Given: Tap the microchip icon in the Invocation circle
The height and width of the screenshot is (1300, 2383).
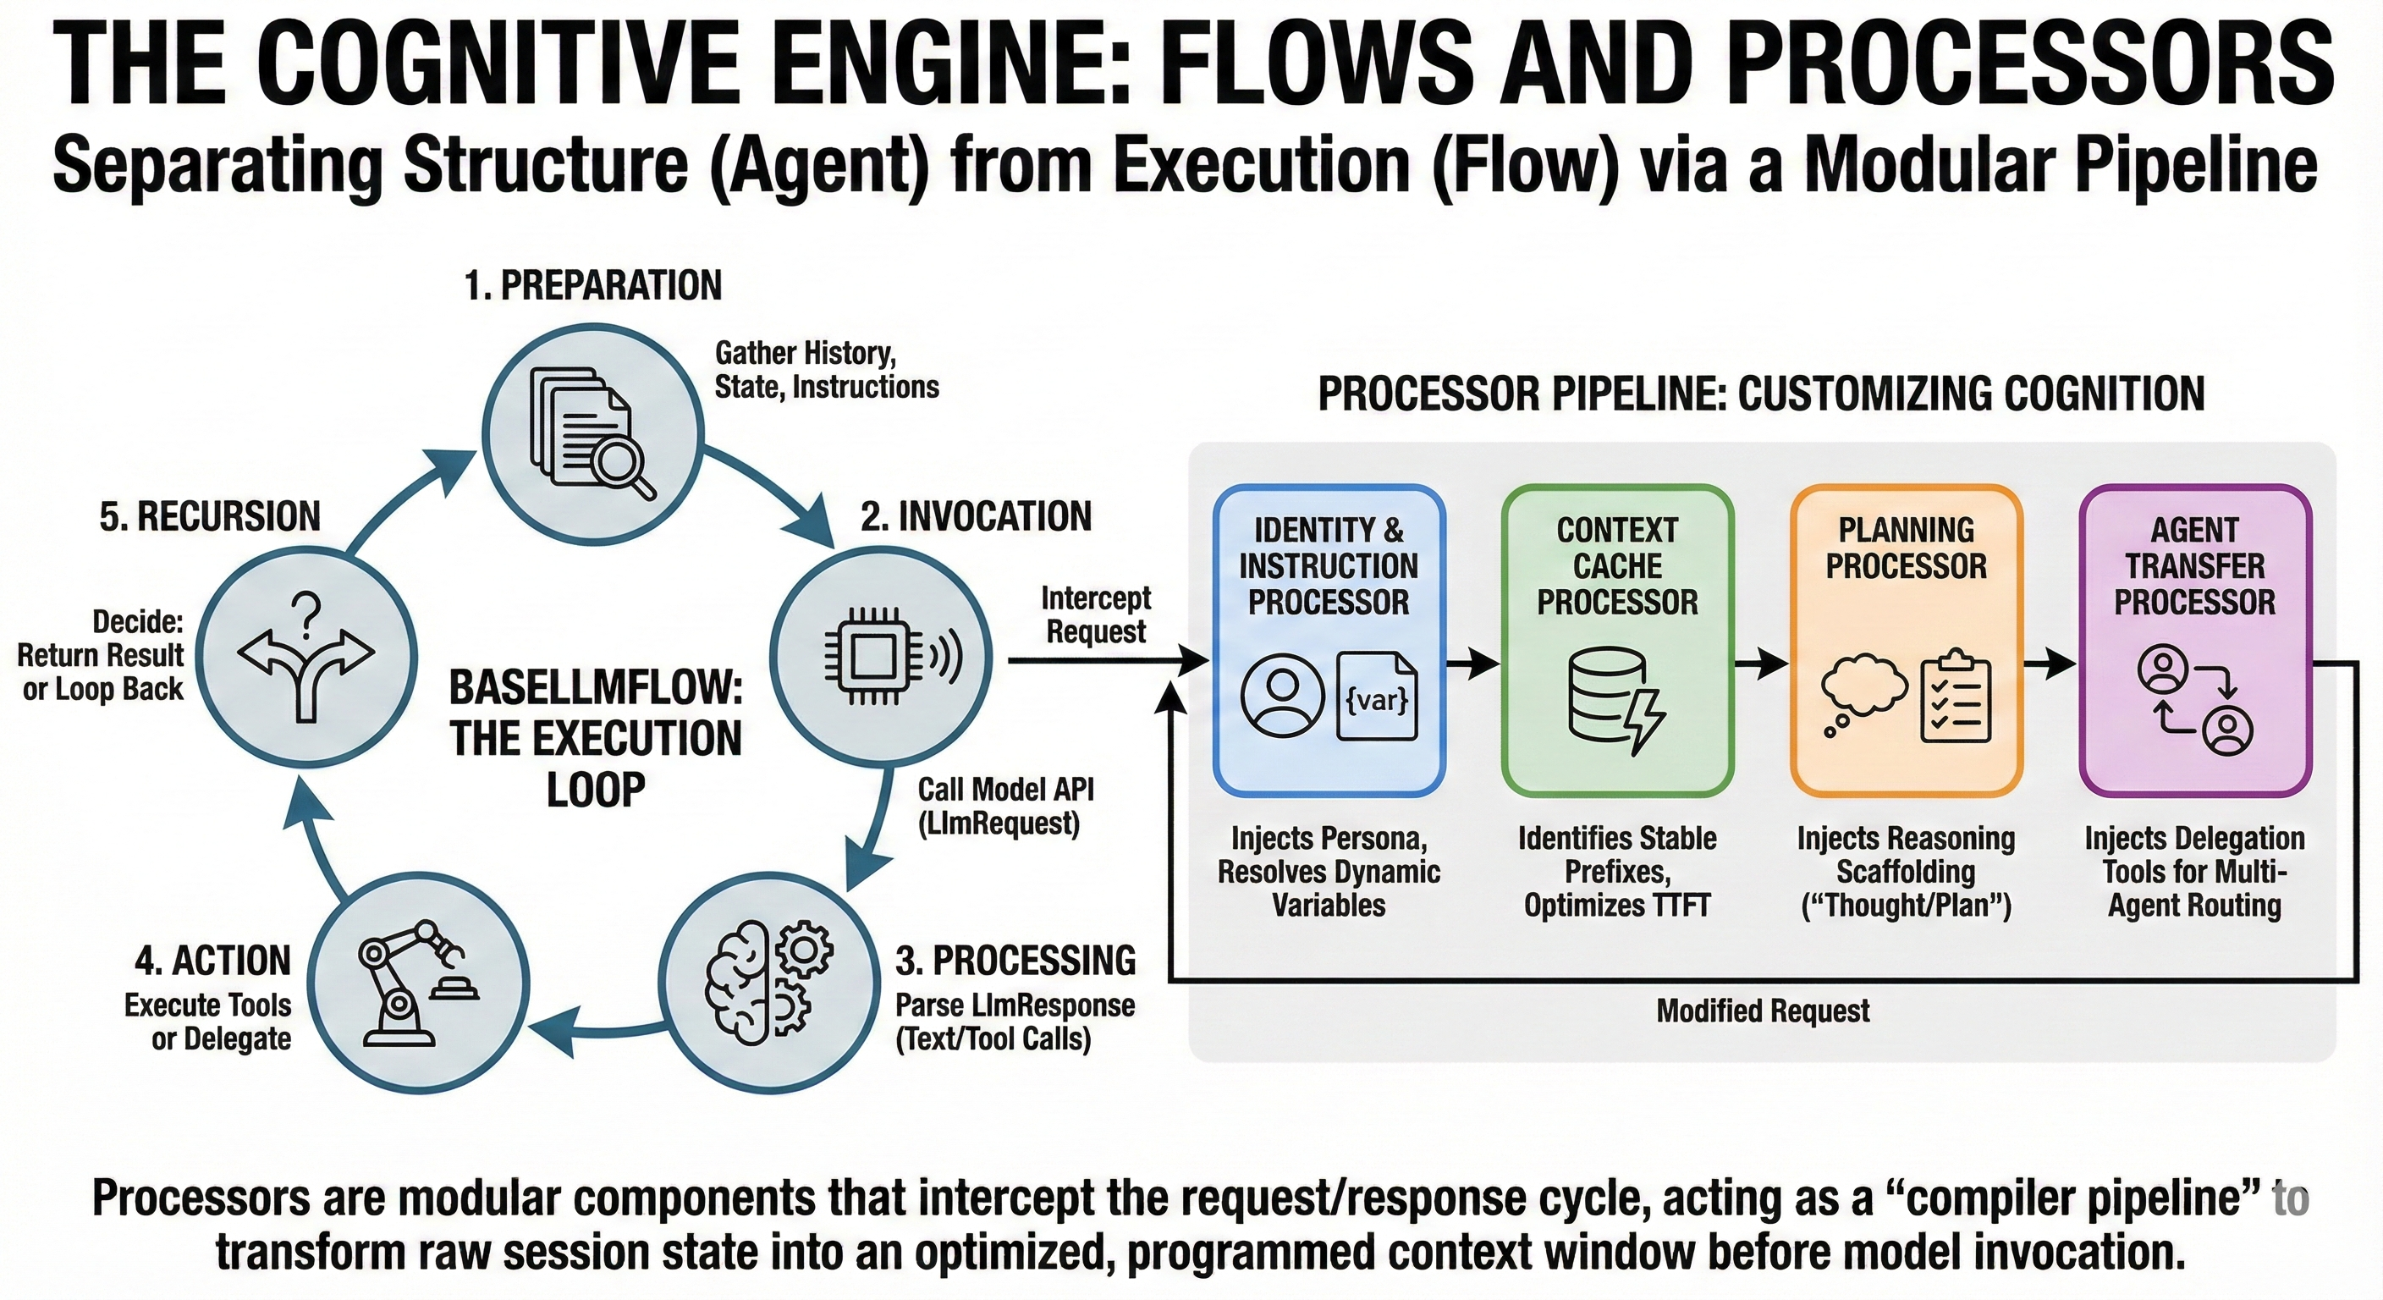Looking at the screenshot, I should [871, 658].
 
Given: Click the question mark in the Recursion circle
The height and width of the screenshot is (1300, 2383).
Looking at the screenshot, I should [305, 612].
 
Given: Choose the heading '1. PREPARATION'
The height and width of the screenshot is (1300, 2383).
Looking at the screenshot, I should [592, 285].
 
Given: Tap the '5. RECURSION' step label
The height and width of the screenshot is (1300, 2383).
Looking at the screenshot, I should [210, 516].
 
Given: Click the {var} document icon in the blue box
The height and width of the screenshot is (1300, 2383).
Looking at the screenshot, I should [1377, 697].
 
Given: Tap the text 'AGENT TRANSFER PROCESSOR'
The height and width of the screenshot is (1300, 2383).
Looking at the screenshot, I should [2194, 565].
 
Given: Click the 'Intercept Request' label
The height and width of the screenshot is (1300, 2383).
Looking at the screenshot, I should [1096, 614].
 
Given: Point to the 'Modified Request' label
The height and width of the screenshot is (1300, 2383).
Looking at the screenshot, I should [1762, 1011].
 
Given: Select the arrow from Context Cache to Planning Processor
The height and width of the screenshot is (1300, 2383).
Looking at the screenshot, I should [1760, 663].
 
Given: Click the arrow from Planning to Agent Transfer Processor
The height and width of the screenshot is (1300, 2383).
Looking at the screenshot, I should [2049, 663].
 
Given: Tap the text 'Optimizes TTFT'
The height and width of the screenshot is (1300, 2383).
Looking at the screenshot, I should [1617, 905].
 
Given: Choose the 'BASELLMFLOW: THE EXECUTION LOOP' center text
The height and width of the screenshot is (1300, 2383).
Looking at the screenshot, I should [596, 738].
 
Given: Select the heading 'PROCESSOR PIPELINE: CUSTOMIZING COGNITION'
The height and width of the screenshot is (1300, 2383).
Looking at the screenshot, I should [1760, 394].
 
